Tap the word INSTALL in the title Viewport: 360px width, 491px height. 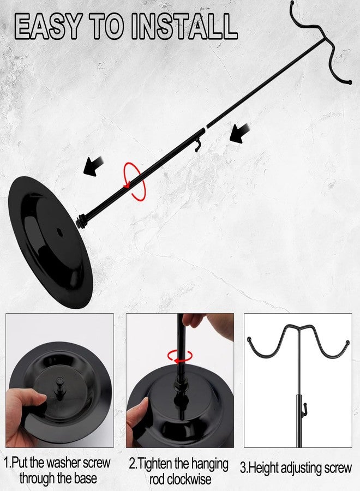tap(184, 26)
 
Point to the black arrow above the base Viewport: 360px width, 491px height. tap(93, 166)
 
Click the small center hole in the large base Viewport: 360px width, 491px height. tap(59, 232)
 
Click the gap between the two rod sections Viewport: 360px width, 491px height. tap(205, 128)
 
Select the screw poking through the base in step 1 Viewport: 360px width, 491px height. tap(59, 387)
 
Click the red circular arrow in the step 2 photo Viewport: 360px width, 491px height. tap(180, 356)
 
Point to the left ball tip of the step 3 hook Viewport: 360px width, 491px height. tap(249, 339)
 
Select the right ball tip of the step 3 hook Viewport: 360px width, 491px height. tap(347, 342)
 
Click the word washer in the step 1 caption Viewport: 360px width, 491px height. tap(62, 463)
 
